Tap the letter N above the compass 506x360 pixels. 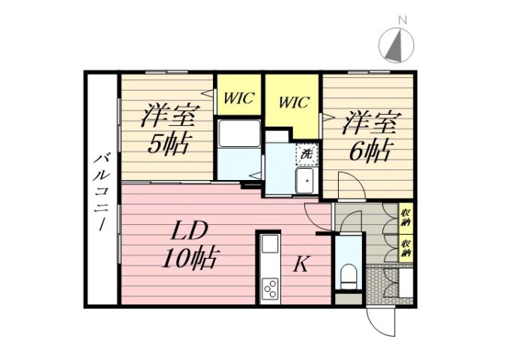[403, 20]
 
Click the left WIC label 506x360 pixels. [238, 97]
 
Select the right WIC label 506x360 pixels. [293, 103]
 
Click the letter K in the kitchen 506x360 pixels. [301, 264]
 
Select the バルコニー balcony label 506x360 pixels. [100, 191]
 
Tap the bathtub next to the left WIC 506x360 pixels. [239, 134]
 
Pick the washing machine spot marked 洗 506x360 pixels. [307, 154]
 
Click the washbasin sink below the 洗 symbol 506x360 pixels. [306, 180]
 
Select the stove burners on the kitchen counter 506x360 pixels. [269, 288]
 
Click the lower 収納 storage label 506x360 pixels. [405, 247]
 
